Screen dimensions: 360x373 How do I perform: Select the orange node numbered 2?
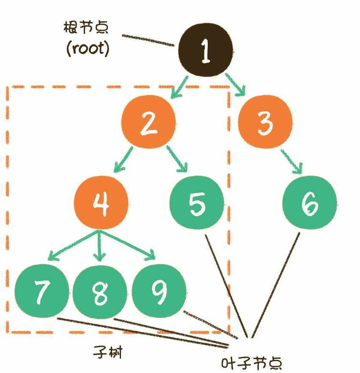(148, 123)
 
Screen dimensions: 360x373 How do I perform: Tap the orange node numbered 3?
(264, 123)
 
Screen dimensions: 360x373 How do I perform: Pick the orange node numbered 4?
(102, 203)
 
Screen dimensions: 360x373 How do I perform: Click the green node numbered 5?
(196, 203)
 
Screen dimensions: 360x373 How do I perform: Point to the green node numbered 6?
(309, 204)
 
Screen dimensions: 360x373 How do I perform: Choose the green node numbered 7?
(41, 292)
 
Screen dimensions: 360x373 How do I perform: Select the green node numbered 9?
(159, 292)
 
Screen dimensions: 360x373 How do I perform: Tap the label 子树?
(108, 352)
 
